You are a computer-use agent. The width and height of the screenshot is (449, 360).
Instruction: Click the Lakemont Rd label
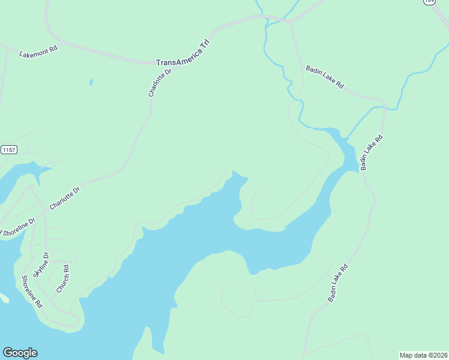tap(38, 52)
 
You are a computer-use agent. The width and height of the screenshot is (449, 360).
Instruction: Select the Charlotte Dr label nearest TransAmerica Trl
tap(160, 83)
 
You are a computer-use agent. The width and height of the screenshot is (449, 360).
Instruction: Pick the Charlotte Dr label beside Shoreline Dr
tap(65, 199)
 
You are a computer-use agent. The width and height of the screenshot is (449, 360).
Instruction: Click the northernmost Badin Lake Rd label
tap(324, 77)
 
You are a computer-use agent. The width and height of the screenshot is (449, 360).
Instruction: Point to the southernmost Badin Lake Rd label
tap(337, 283)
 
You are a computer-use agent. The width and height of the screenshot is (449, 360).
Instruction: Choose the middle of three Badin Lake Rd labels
tap(372, 152)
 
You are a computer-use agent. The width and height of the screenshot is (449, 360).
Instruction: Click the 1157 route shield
tap(8, 149)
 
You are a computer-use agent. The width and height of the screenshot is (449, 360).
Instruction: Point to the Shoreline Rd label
tap(32, 291)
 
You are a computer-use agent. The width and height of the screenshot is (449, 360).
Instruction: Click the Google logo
tap(20, 353)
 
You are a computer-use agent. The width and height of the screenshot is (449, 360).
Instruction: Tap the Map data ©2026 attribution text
tap(423, 355)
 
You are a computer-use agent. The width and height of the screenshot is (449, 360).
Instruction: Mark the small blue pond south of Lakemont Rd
tap(91, 82)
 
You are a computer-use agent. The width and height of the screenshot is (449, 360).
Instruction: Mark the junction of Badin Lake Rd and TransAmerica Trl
tap(291, 22)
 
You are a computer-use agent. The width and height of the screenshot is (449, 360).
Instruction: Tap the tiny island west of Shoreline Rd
tap(3, 298)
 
